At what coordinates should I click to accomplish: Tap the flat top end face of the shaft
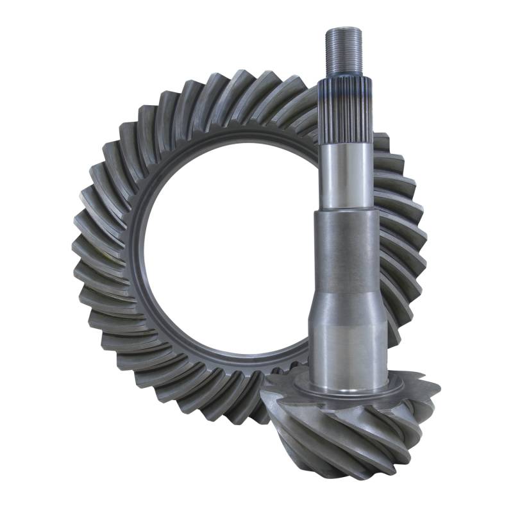click(x=346, y=29)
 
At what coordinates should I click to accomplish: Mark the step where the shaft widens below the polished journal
click(x=346, y=212)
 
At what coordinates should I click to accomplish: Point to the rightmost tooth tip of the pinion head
click(x=437, y=388)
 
